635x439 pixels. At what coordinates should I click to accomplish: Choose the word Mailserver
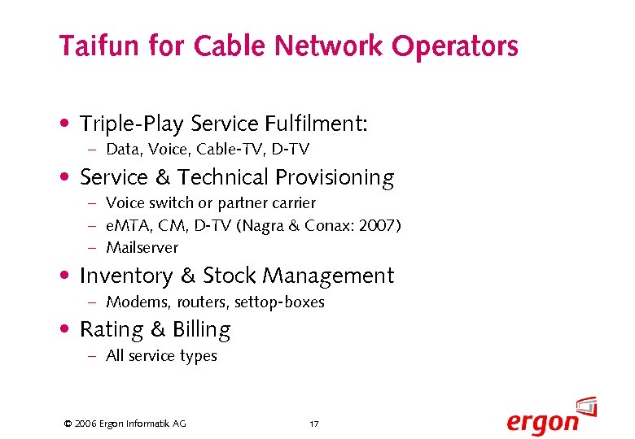(142, 248)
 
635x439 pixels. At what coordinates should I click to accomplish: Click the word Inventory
(126, 276)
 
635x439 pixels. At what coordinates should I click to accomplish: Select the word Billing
(200, 330)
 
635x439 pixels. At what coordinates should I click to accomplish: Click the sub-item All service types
(161, 356)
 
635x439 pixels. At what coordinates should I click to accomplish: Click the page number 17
(314, 424)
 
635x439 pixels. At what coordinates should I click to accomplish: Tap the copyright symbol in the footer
(68, 424)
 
